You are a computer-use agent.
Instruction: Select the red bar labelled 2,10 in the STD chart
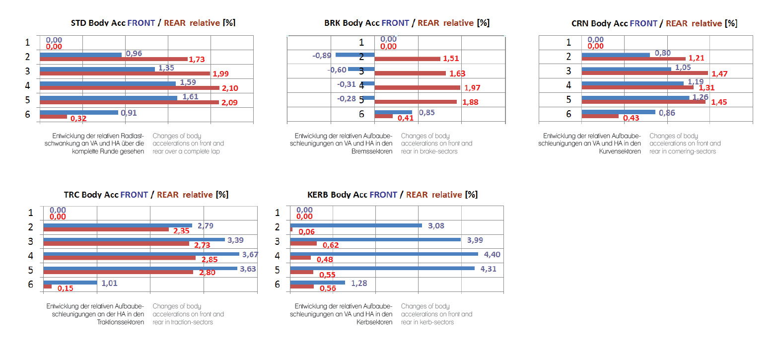[x=129, y=88]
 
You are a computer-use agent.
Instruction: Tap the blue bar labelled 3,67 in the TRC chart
[x=141, y=254]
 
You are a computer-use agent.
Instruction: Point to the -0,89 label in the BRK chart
[x=322, y=55]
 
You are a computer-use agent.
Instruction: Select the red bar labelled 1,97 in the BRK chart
[x=417, y=88]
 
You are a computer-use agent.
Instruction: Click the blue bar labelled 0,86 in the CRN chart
[x=618, y=112]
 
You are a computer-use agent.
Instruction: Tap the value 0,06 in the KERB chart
[x=306, y=232]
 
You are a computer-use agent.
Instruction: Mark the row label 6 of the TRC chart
[x=31, y=285]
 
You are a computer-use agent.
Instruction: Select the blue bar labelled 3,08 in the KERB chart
[x=356, y=225]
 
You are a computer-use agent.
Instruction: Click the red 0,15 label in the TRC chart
[x=66, y=288]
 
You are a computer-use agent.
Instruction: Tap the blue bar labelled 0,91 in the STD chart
[x=78, y=112]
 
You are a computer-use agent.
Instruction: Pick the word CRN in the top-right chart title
[x=582, y=23]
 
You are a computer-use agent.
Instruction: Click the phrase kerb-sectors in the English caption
[x=437, y=322]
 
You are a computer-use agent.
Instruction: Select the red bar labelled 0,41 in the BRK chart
[x=383, y=116]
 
